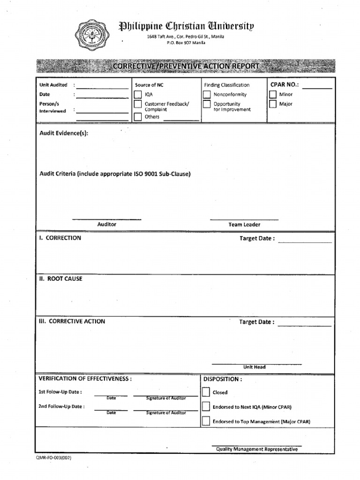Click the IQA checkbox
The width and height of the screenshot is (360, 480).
coord(138,95)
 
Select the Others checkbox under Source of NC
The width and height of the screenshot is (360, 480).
coord(138,117)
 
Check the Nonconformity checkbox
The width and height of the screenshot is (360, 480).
coord(207,95)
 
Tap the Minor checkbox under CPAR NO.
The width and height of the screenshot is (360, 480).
coord(273,95)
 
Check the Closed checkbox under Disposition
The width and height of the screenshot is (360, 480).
coord(206,392)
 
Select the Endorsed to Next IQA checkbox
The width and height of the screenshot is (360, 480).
coord(206,407)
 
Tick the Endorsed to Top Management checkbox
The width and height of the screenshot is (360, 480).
coord(206,421)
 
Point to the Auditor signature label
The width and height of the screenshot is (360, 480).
coord(106,225)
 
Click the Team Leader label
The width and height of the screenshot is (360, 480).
coord(244,225)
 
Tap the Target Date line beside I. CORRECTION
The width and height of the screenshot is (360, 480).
coord(305,241)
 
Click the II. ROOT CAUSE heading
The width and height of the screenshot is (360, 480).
coord(60,278)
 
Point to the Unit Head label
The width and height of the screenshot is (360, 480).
coord(254,367)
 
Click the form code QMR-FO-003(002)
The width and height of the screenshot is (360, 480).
coord(53,458)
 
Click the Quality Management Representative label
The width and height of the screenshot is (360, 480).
coord(256,449)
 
